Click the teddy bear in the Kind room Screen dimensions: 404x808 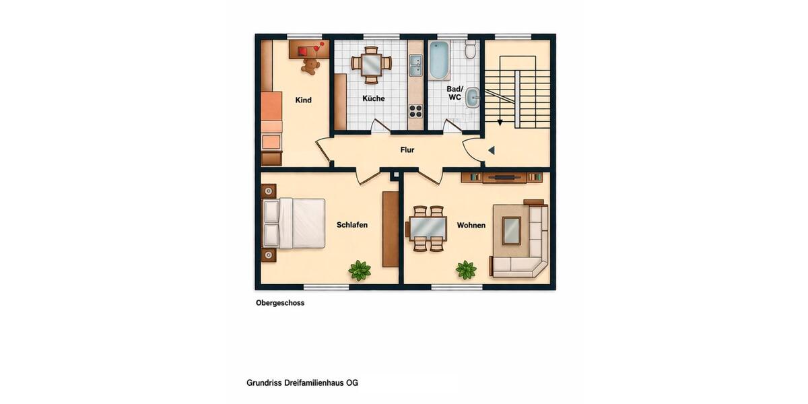tap(310, 66)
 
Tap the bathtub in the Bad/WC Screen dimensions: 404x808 tap(439, 60)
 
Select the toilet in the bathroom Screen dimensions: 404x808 tap(471, 50)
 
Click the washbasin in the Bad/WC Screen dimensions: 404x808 tap(473, 98)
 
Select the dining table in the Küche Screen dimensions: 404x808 tap(371, 64)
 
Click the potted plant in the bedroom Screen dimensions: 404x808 tap(360, 270)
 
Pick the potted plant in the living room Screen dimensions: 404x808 tap(466, 270)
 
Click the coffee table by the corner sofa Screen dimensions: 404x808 tap(512, 230)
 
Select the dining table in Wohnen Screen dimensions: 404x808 tap(428, 228)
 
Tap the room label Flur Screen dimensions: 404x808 tap(407, 150)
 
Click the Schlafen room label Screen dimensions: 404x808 tap(352, 225)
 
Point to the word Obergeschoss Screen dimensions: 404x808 tap(280, 303)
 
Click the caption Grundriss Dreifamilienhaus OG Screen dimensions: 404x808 tap(302, 383)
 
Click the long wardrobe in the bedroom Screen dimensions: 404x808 tap(391, 229)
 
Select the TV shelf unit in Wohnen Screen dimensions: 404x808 tap(502, 178)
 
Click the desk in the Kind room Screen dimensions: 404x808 tap(308, 50)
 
